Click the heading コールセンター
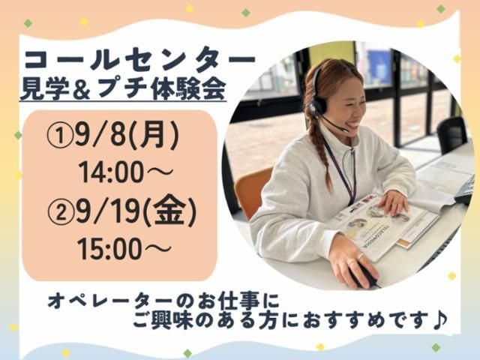[139, 60]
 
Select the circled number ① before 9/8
[60, 136]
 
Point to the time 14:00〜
[125, 172]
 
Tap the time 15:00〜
[124, 249]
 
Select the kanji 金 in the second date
[170, 212]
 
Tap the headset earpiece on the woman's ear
[316, 106]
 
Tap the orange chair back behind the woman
[252, 190]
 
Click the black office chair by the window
[451, 135]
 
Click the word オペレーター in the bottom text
[112, 301]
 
